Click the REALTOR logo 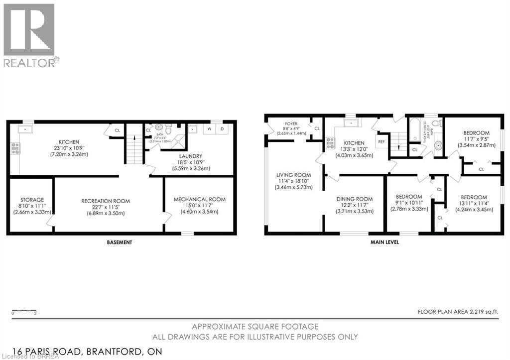(30, 35)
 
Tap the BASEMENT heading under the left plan (120, 242)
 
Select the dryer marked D (222, 129)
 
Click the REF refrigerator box (382, 141)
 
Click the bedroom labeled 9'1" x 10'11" (408, 203)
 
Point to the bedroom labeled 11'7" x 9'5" (476, 139)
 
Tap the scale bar (23, 312)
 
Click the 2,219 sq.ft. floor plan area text (458, 312)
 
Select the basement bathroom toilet (168, 129)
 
